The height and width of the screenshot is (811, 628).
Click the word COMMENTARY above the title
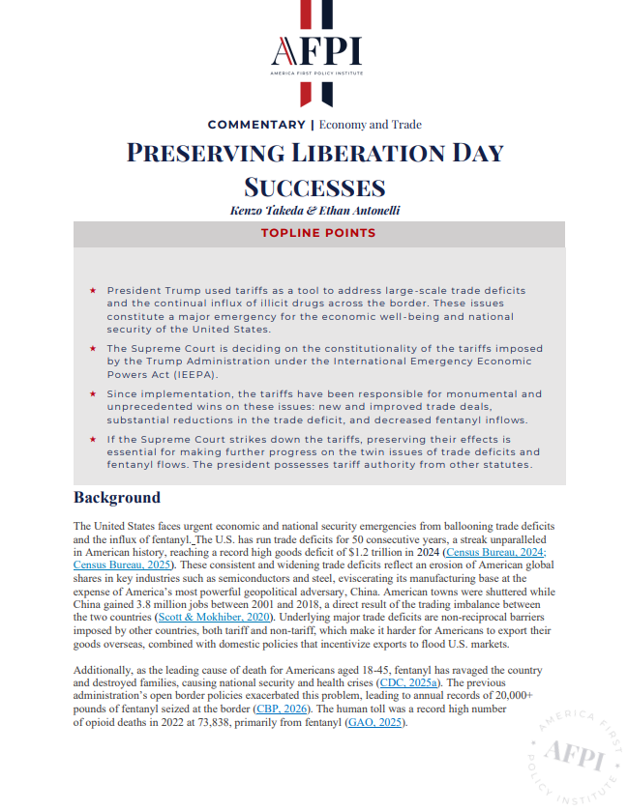(x=255, y=125)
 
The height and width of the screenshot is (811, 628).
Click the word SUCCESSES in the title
(x=314, y=186)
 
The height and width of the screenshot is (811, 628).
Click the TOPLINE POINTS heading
(x=318, y=233)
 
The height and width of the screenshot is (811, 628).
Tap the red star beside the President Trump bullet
(x=92, y=290)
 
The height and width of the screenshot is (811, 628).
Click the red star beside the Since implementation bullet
(x=92, y=393)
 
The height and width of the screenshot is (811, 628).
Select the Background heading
(x=117, y=498)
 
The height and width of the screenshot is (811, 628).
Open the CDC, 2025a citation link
(x=410, y=682)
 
